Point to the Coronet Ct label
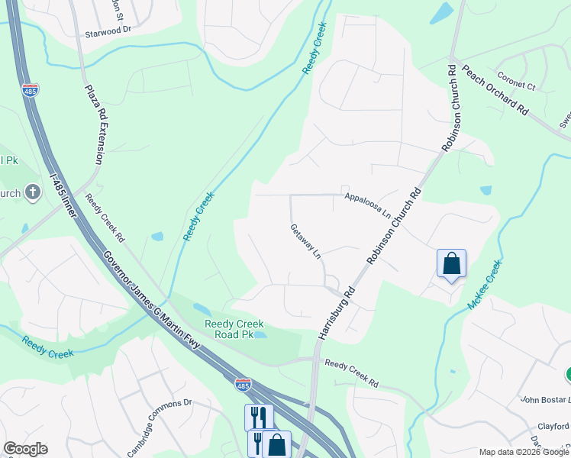[517, 76]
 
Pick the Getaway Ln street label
[305, 241]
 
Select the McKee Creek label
[485, 285]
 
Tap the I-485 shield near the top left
[31, 90]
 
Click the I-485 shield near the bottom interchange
[243, 384]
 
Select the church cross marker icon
[32, 192]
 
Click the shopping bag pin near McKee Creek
[451, 264]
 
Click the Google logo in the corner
[25, 449]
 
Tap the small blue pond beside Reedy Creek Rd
[156, 237]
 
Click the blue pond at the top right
[441, 13]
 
